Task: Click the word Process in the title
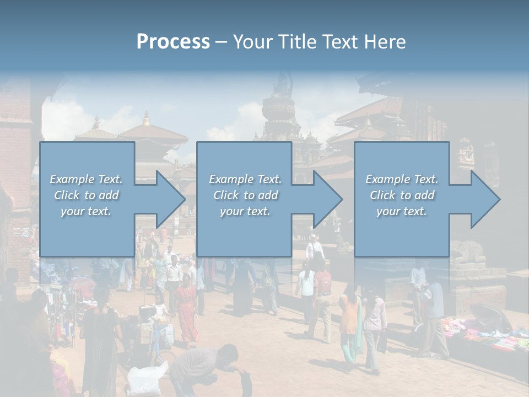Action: [173, 42]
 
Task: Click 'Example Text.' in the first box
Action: [86, 179]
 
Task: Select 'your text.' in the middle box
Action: [245, 211]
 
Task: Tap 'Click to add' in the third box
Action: [402, 195]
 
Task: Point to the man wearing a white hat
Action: [315, 248]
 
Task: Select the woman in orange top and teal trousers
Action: [350, 325]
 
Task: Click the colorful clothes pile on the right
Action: [485, 334]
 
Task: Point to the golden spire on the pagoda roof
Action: [146, 118]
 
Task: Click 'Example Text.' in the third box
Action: [402, 179]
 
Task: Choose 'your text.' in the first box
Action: [86, 211]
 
